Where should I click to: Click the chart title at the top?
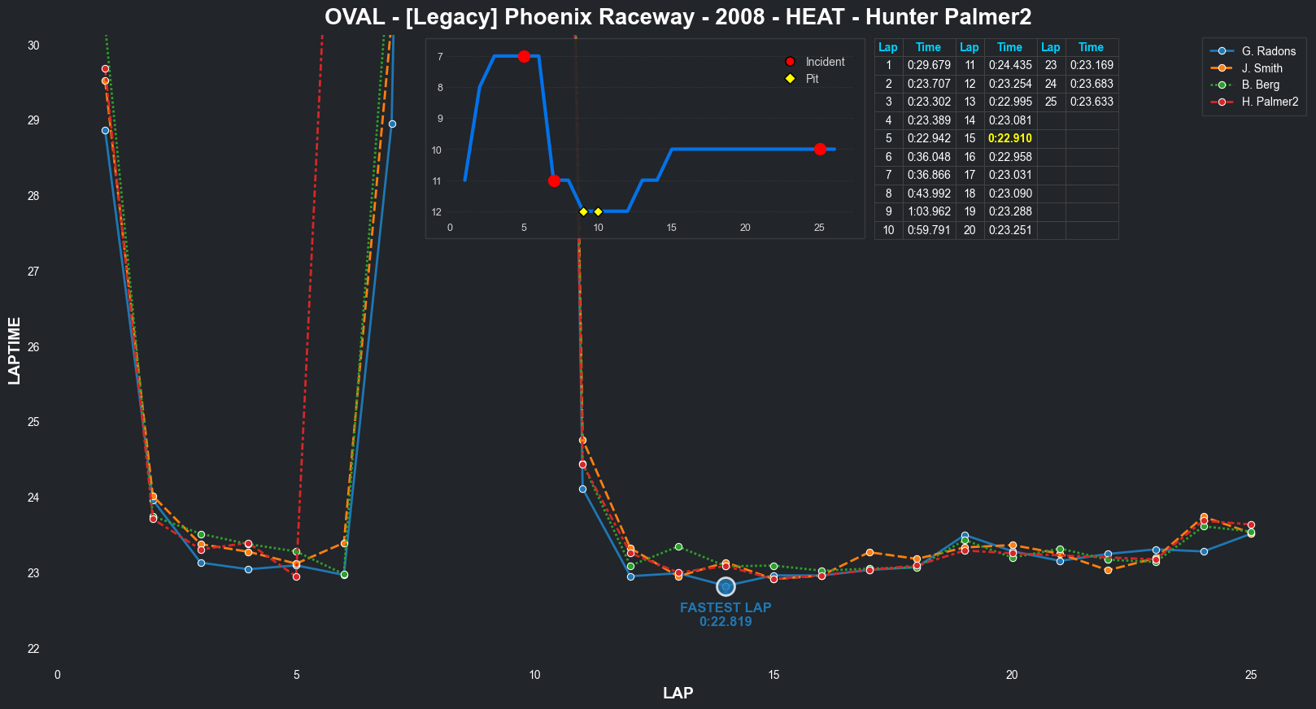coord(678,17)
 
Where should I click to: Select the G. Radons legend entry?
coord(1268,51)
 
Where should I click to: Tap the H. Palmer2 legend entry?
coord(1270,102)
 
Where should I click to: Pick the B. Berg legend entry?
coord(1260,85)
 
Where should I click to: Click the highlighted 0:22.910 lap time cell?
coord(1009,138)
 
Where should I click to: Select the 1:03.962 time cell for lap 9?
coord(928,211)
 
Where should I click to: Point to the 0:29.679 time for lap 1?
coord(928,65)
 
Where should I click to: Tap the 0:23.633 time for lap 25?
coord(1091,102)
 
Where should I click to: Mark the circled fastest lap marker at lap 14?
coord(726,587)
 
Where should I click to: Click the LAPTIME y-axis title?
coord(15,350)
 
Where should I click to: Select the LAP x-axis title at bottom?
coord(678,693)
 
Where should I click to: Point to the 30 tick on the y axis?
coord(33,46)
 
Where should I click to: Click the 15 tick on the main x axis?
coord(773,675)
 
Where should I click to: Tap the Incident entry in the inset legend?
coord(825,62)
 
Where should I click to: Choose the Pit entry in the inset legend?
coord(812,79)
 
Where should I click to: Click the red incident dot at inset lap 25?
coord(820,150)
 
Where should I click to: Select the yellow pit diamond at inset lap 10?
coord(598,212)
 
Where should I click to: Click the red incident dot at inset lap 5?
coord(524,56)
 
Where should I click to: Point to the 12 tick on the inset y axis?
coord(437,212)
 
